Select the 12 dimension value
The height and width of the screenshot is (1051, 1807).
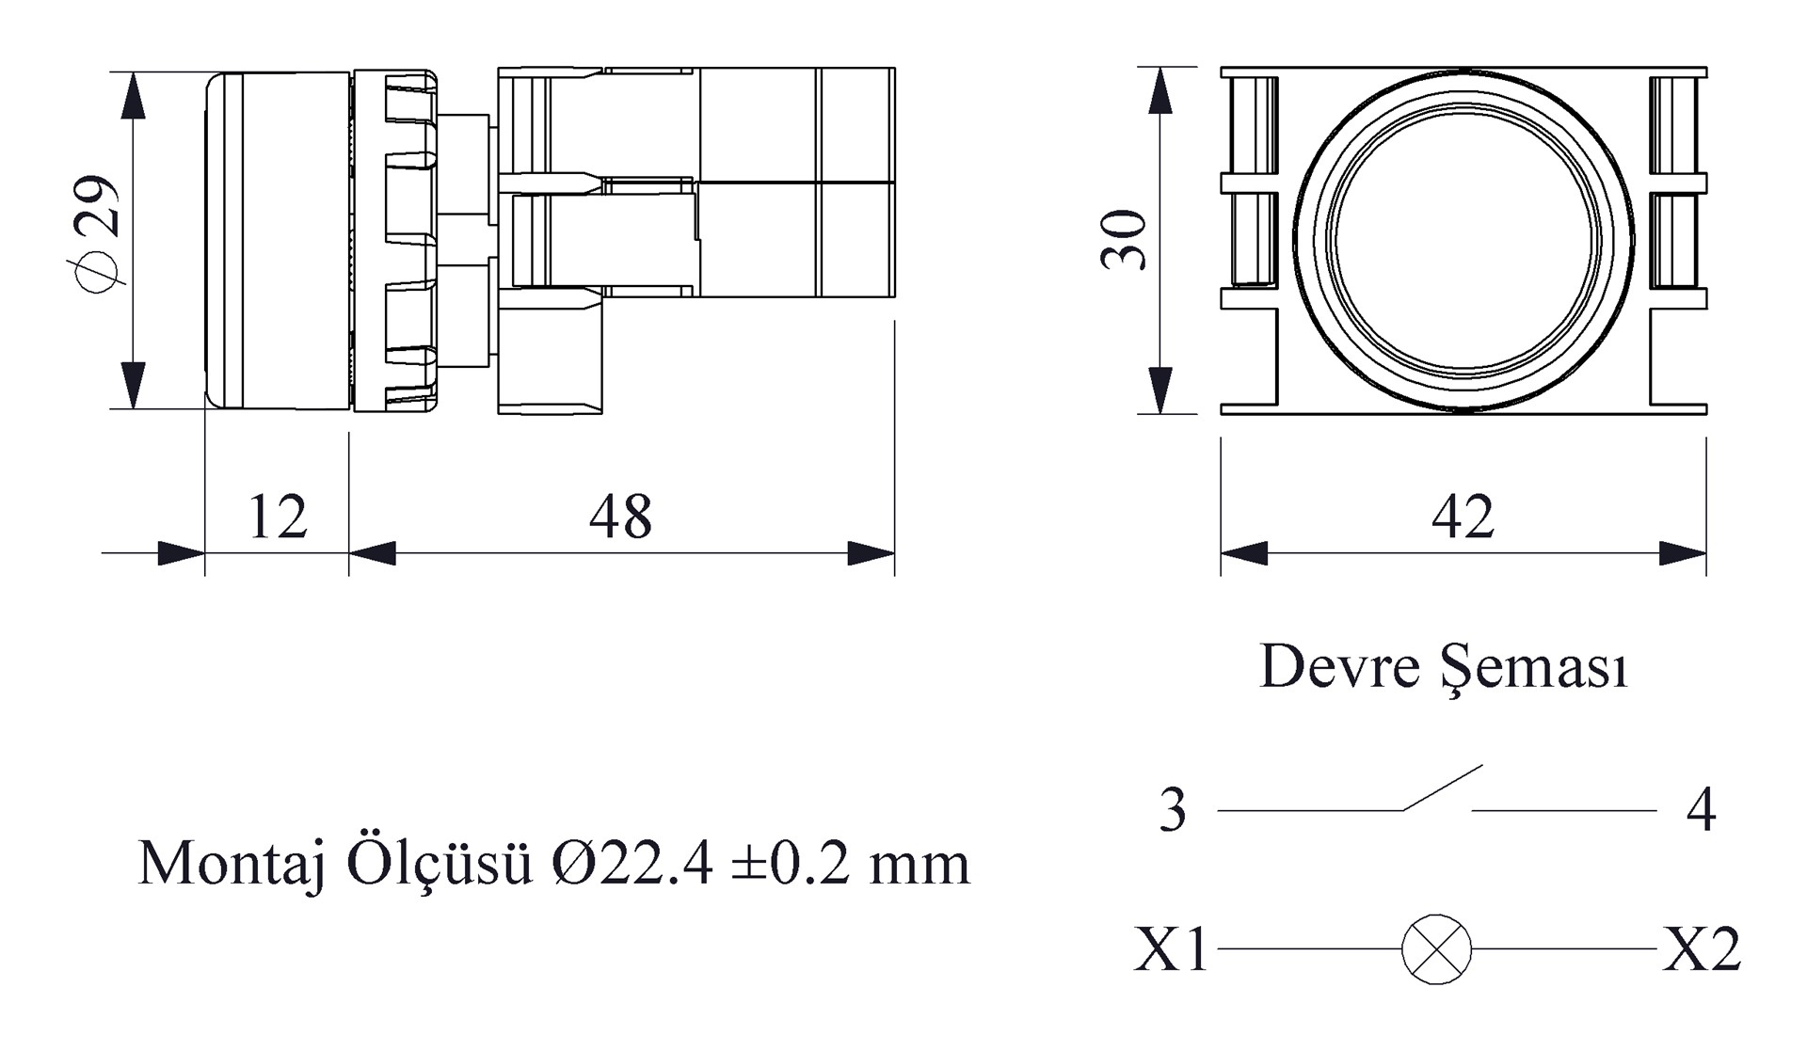[x=278, y=517]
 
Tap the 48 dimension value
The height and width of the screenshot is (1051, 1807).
[x=620, y=517]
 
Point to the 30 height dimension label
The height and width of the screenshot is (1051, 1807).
[x=1125, y=240]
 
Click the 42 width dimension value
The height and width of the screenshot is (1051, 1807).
[x=1463, y=517]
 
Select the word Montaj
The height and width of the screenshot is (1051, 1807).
[x=232, y=864]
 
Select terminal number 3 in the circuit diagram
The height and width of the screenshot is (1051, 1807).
[x=1173, y=810]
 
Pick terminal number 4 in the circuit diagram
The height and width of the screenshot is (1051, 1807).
[x=1701, y=810]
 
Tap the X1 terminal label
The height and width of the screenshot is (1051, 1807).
[x=1171, y=949]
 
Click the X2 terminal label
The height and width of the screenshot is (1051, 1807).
[x=1702, y=949]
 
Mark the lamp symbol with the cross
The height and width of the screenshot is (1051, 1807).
[x=1436, y=949]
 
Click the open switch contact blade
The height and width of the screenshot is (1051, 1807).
[x=1442, y=788]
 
